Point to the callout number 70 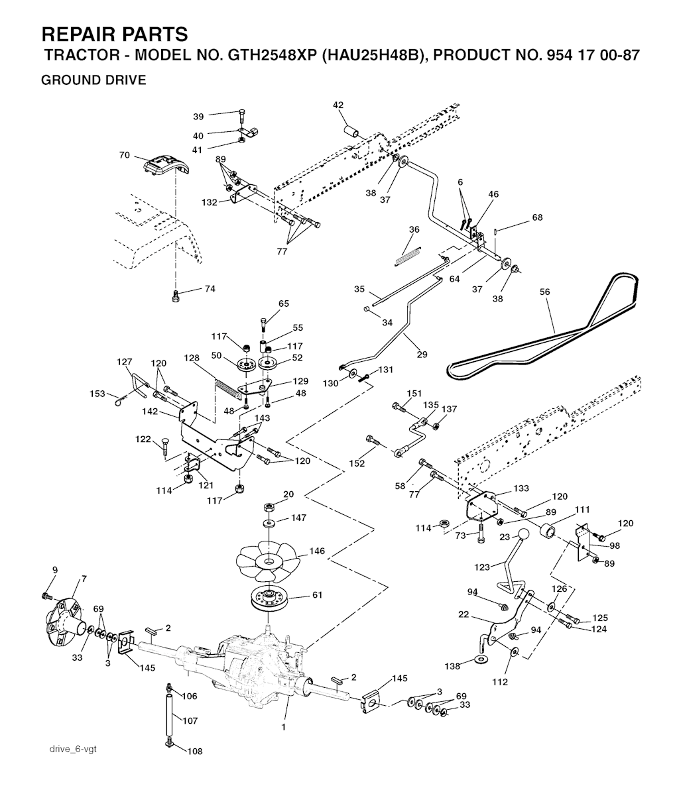coord(124,156)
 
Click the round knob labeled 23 coord(525,535)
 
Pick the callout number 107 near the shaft coord(190,720)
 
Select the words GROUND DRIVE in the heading coord(93,80)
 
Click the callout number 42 coord(338,105)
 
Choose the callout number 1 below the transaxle coord(283,727)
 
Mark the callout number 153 coord(97,394)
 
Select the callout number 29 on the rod coord(422,355)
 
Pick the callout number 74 coord(210,288)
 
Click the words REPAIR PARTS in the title coord(114,34)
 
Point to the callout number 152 coord(357,464)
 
